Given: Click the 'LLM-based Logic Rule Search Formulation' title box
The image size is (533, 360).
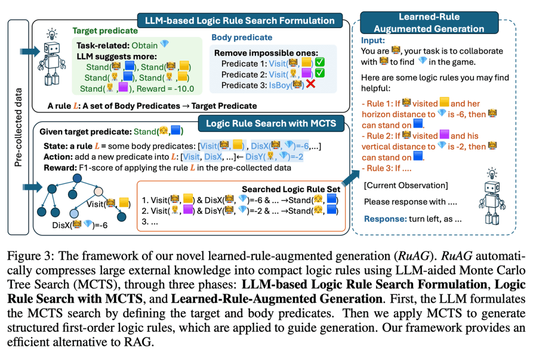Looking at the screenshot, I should click(x=239, y=21).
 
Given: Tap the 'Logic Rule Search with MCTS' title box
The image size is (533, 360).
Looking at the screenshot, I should click(x=274, y=124).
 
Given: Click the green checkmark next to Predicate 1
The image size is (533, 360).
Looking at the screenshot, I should click(x=319, y=63).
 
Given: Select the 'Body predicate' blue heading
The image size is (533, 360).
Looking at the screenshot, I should click(x=242, y=38).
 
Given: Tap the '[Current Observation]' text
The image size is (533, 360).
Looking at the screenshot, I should click(x=406, y=185).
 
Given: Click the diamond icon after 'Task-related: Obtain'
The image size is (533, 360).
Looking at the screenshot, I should click(x=165, y=44).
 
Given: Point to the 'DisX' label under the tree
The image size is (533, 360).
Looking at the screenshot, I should click(x=61, y=225).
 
